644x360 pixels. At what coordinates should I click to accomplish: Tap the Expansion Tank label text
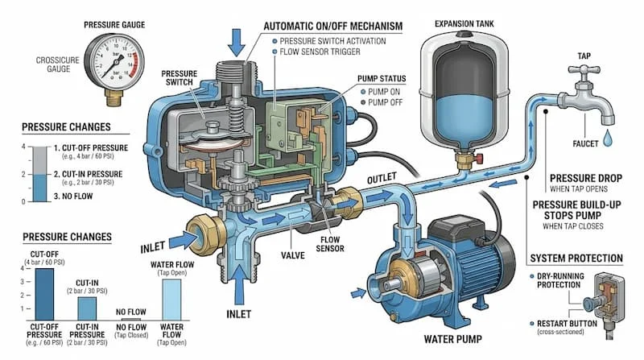point(465,23)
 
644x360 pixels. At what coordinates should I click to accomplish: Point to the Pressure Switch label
point(180,78)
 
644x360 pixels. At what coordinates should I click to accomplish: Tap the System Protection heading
point(576,259)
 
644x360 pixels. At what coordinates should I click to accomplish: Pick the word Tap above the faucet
point(585,56)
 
